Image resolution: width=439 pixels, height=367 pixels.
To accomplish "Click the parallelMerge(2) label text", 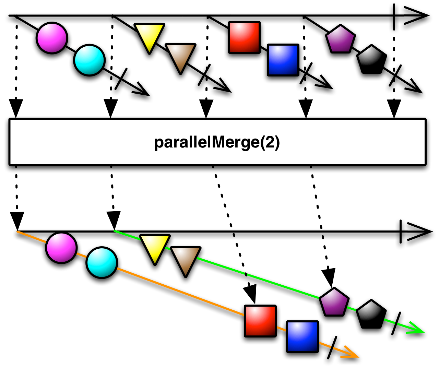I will coord(217,142).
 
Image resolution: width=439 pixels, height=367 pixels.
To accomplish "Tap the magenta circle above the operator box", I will coord(52,38).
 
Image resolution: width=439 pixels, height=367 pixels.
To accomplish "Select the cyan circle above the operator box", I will coord(89,60).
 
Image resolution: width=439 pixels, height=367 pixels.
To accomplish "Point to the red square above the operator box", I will coord(244,37).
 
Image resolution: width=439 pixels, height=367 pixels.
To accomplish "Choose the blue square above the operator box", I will coord(283,60).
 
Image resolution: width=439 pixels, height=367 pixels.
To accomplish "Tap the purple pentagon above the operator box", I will coord(340,39).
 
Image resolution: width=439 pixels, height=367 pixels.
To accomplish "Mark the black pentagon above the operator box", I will coord(371,60).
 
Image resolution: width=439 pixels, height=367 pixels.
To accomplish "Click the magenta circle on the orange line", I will coord(61,248).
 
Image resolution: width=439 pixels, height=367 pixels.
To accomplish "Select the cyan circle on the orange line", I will coord(102,263).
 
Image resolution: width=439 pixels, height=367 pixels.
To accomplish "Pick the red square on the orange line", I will coord(260,321).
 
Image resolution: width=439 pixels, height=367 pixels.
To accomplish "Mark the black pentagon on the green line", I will coord(371,315).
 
